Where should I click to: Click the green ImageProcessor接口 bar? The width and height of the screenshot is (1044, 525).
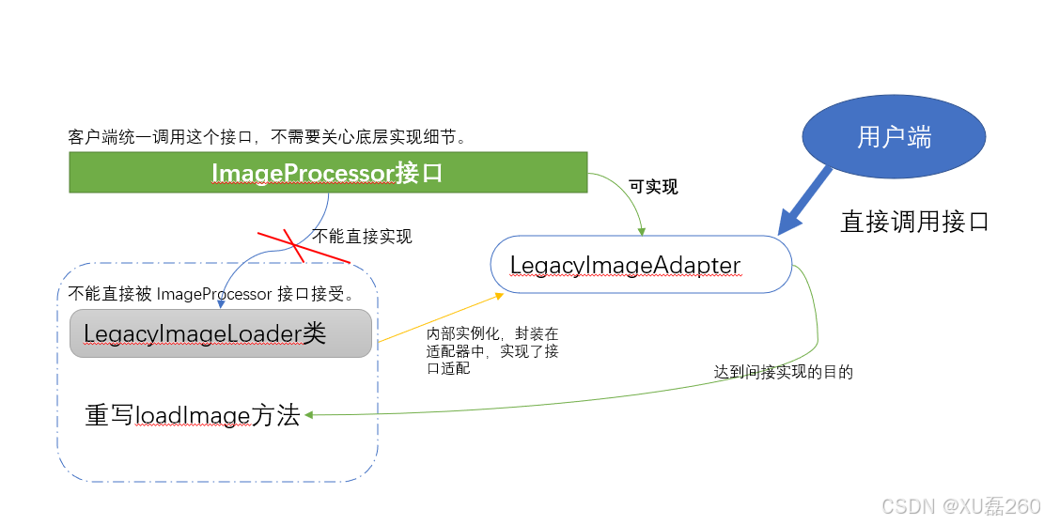tap(328, 174)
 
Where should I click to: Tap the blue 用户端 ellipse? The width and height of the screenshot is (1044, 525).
tap(894, 137)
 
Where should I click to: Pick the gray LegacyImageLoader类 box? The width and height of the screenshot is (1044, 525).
tap(221, 333)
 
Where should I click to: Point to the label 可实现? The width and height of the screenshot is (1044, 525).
tap(653, 187)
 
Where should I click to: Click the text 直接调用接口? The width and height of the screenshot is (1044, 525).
tap(914, 222)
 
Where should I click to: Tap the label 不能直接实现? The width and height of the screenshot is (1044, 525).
tap(362, 236)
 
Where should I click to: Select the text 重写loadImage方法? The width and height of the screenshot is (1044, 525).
tap(193, 415)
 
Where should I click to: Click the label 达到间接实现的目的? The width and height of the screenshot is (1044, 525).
tap(783, 372)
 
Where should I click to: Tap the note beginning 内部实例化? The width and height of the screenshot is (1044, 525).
tap(492, 350)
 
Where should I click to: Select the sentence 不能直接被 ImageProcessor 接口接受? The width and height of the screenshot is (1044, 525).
tap(211, 294)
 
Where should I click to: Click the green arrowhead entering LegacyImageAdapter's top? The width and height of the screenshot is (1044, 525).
tap(642, 230)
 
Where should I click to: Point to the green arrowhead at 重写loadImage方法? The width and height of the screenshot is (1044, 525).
tap(308, 415)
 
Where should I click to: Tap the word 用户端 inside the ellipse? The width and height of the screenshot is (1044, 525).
tap(894, 137)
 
